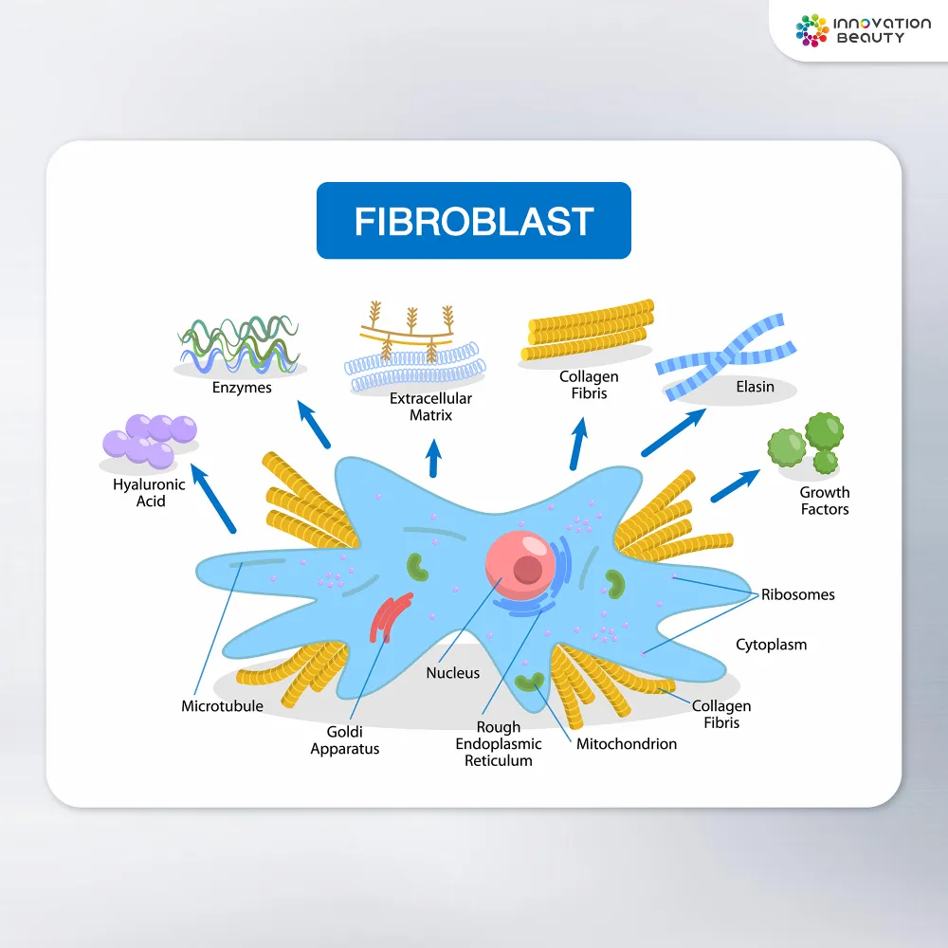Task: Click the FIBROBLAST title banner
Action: click(473, 221)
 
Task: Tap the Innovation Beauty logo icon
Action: click(812, 29)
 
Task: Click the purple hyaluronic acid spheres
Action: click(150, 438)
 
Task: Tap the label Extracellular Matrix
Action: click(430, 407)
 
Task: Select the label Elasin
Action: click(755, 387)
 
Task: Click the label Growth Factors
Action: click(824, 501)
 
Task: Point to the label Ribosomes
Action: click(798, 595)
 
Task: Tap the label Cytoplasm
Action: click(772, 645)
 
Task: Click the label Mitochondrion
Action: click(627, 744)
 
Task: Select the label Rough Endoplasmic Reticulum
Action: click(499, 744)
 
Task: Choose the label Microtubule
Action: click(223, 706)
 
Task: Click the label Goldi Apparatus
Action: click(345, 740)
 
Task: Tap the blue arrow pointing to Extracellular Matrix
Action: click(433, 458)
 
